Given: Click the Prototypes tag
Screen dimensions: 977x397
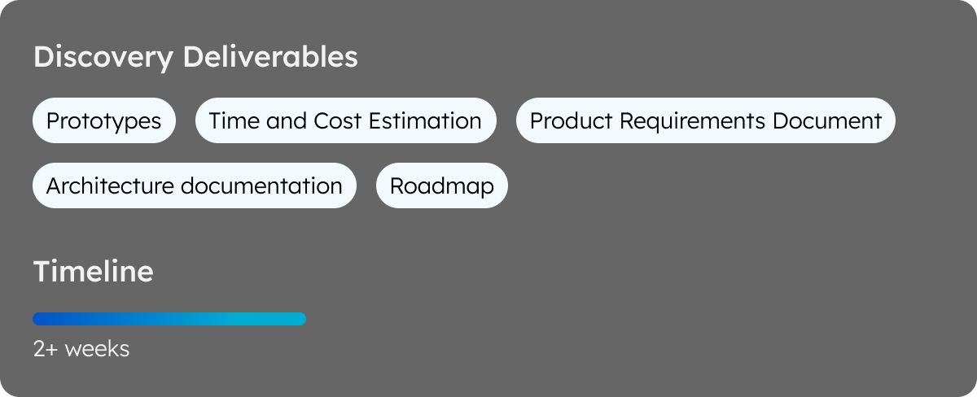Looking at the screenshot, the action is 104,120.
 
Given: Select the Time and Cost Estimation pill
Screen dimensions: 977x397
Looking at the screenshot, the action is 345,120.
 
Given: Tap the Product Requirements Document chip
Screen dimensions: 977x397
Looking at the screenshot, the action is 705,120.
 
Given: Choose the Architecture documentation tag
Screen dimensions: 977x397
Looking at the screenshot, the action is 194,185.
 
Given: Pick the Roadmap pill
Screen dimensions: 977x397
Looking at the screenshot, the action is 442,185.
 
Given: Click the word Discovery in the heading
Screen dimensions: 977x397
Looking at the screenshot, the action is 103,58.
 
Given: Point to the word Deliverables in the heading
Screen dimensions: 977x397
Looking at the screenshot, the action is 270,56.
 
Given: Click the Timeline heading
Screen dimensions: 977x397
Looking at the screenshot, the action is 94,271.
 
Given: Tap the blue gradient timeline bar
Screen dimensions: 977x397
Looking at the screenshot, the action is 169,319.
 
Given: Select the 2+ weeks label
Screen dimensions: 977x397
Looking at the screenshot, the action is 81,349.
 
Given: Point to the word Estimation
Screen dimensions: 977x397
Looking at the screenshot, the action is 425,120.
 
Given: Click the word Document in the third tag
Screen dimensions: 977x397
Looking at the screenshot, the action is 827,120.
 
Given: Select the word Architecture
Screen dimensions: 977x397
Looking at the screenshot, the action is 110,185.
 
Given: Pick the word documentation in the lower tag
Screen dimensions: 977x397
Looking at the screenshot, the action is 261,185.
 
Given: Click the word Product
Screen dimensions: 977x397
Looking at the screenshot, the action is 571,120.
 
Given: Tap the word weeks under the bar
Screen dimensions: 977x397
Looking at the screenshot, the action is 97,349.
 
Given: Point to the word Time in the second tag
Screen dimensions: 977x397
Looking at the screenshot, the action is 234,120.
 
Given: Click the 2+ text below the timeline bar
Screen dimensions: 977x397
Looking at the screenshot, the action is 46,349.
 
